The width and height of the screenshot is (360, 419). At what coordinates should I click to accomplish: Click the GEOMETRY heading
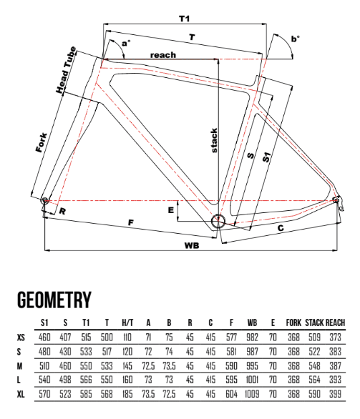[x=54, y=300]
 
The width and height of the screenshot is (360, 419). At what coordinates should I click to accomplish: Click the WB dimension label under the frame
[x=192, y=245]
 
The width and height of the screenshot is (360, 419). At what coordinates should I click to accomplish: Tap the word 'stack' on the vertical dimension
[x=214, y=141]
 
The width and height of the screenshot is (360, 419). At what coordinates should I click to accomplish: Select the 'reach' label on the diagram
[x=163, y=55]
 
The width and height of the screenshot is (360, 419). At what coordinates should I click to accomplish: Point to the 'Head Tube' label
[x=66, y=70]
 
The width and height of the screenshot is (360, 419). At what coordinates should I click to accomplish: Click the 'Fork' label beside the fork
[x=42, y=143]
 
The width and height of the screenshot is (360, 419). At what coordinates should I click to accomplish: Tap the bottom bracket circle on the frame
[x=218, y=221]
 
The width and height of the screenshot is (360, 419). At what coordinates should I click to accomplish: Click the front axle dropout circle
[x=44, y=200]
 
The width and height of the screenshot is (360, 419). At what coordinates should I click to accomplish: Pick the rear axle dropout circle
[x=336, y=200]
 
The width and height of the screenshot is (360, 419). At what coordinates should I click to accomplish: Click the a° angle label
[x=126, y=44]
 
